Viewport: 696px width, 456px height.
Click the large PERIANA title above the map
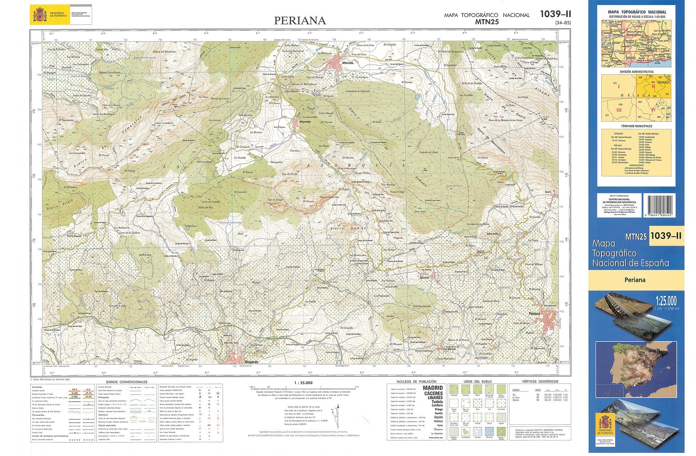coord(300,21)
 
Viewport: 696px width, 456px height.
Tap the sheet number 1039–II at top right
coord(555,14)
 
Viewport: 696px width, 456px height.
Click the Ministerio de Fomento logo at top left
coord(61,15)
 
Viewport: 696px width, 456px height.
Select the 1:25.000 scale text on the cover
coord(666,301)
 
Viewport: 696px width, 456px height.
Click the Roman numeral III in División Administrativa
coord(619,110)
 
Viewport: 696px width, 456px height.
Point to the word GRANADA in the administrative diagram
coord(663,83)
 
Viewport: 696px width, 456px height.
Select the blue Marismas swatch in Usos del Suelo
coord(489,431)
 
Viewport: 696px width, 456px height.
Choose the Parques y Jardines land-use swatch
coord(501,431)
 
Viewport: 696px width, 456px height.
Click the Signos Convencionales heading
coord(127,382)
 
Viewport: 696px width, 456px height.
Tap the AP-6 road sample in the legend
coord(75,389)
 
